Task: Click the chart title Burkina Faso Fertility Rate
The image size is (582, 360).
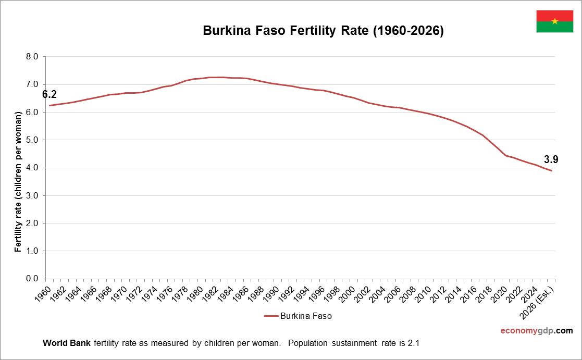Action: [323, 31]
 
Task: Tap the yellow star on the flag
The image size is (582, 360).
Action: [554, 21]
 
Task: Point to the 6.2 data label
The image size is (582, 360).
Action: [49, 94]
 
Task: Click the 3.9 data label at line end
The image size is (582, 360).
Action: [551, 160]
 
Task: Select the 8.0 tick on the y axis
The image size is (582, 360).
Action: [32, 57]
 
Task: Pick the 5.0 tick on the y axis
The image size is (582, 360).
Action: [32, 140]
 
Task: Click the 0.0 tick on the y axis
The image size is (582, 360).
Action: [32, 279]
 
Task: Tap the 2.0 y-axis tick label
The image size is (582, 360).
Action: [32, 223]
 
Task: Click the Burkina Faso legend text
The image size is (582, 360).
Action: [306, 316]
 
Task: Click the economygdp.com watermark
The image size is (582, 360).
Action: [536, 331]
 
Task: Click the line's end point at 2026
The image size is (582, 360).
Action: [551, 171]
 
